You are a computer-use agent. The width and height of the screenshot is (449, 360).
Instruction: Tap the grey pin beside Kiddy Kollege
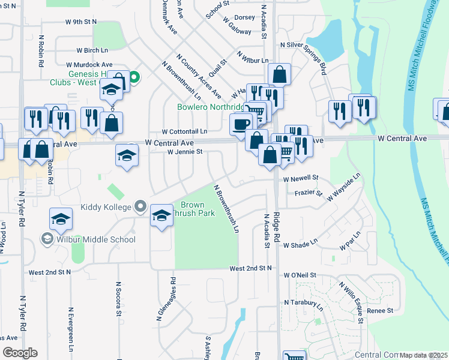coord(140,207)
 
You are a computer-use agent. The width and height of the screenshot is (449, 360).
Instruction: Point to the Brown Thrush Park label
coord(192,209)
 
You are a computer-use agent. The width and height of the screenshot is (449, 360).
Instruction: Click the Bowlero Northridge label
coord(211,107)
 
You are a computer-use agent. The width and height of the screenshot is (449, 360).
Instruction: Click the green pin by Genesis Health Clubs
coord(135,77)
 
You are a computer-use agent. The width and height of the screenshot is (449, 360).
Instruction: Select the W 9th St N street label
coord(81,22)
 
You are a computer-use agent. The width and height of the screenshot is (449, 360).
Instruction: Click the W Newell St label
coord(300,179)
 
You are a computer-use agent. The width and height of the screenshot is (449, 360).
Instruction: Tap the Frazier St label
coord(309,194)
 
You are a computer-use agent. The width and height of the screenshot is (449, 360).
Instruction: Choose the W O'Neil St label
coord(300,275)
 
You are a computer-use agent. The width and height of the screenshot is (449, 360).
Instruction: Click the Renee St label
coord(379,311)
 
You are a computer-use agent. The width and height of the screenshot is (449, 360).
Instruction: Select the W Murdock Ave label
coord(89,64)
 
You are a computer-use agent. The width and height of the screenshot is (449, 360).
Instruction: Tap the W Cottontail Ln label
coord(184,131)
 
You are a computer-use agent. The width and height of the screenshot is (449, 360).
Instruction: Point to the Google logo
coord(20,353)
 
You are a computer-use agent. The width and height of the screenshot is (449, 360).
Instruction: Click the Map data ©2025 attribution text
coord(424,355)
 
